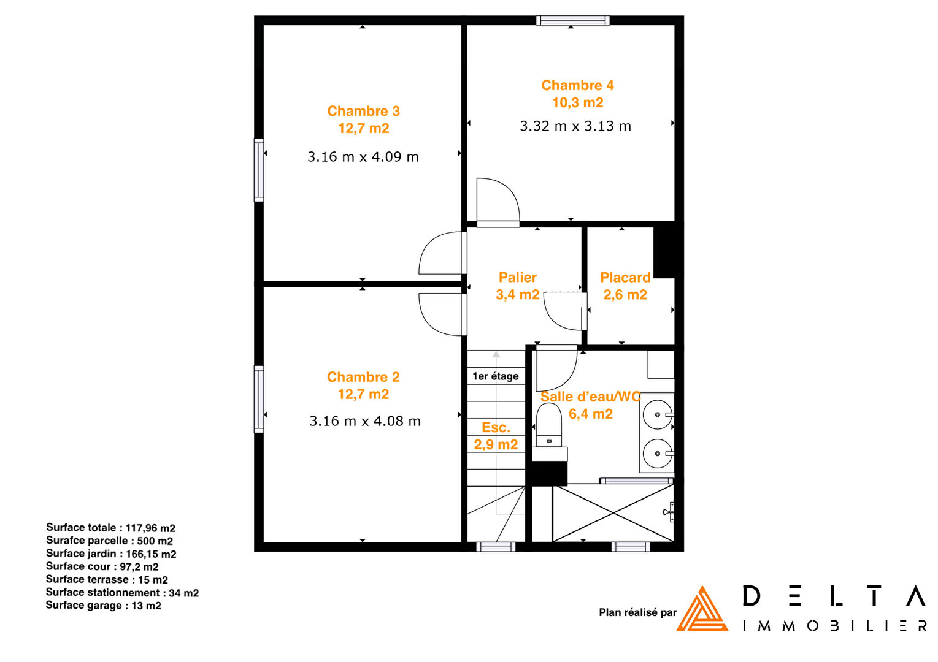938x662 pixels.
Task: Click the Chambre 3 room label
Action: (363, 112)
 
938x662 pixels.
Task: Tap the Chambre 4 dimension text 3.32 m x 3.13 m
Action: (575, 126)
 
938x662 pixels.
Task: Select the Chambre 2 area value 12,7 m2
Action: (363, 394)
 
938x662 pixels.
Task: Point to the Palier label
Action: (518, 278)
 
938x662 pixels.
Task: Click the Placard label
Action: (625, 278)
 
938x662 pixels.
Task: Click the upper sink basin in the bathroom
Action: (658, 415)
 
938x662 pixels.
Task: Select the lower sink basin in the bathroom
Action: (658, 454)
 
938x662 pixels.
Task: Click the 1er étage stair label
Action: (496, 376)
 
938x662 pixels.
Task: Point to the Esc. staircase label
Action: (496, 427)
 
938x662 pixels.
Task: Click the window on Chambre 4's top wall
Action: (572, 20)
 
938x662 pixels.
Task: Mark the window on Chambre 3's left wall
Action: (259, 170)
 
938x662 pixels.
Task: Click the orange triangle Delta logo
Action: (702, 609)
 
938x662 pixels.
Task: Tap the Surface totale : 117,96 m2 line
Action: (110, 528)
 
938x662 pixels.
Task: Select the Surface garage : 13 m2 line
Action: (104, 606)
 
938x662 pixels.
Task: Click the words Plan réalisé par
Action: (638, 612)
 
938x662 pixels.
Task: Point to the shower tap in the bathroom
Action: (669, 512)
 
